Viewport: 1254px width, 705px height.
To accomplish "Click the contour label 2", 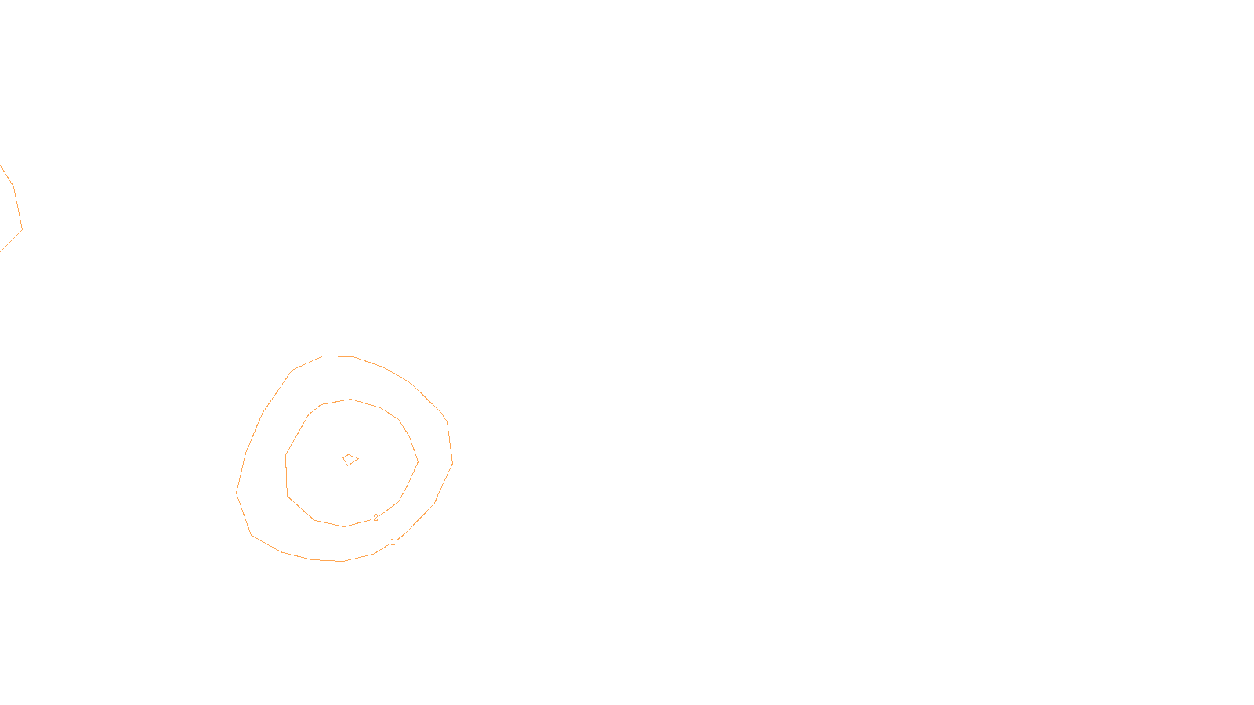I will click(x=375, y=518).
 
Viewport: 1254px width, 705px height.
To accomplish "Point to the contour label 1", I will click(x=393, y=541).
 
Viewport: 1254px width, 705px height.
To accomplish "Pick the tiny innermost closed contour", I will click(x=350, y=460).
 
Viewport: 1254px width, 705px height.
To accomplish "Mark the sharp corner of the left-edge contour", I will click(x=22, y=230).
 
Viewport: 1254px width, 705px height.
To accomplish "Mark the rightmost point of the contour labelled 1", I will click(x=452, y=463).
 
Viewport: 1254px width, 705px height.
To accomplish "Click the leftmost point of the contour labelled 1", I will click(x=237, y=492).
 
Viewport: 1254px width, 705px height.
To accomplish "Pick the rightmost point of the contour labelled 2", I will click(x=418, y=461).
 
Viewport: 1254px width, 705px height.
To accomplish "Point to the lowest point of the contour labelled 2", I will click(x=344, y=526).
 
